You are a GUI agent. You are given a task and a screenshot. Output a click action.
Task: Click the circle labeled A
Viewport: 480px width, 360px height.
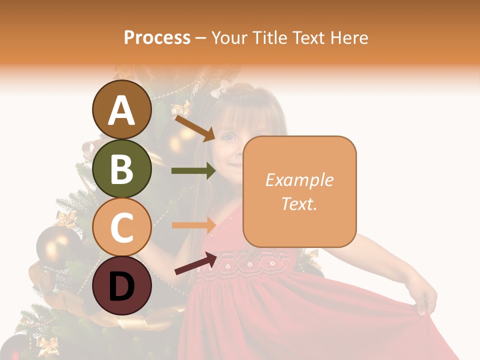pyautogui.click(x=122, y=110)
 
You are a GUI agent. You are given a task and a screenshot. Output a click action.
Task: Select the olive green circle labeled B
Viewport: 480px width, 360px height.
pyautogui.click(x=122, y=169)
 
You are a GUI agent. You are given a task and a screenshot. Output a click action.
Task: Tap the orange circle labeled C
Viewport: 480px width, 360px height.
pyautogui.click(x=122, y=227)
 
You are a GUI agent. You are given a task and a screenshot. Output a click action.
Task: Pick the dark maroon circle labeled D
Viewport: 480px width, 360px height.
pyautogui.click(x=122, y=285)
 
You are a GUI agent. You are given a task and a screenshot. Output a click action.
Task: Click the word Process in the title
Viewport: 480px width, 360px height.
pyautogui.click(x=157, y=38)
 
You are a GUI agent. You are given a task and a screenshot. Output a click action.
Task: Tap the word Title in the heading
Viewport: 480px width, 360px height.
pyautogui.click(x=270, y=38)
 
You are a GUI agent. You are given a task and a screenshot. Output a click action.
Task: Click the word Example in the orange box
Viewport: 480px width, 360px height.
pyautogui.click(x=299, y=180)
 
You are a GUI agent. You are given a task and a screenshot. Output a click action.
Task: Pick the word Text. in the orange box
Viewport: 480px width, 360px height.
pyautogui.click(x=299, y=203)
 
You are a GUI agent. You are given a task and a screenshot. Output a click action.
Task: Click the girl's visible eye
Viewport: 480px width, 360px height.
pyautogui.click(x=228, y=136)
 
